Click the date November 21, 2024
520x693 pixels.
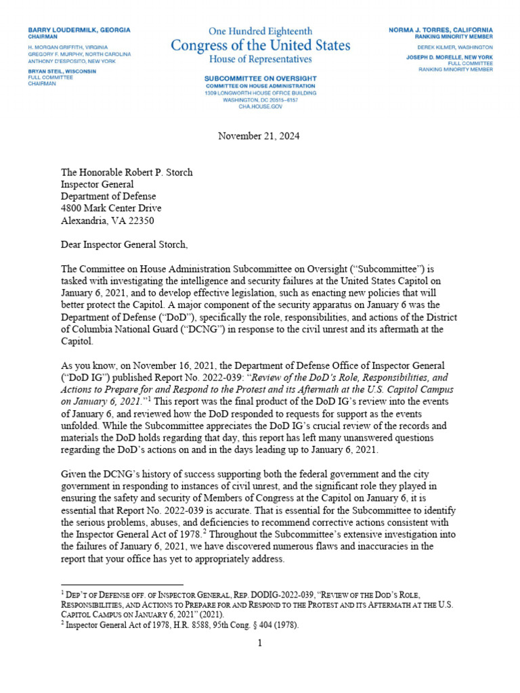[x=259, y=136]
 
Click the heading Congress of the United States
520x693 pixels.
[x=260, y=46]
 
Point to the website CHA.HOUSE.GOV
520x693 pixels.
[x=260, y=105]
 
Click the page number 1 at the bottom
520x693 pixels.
[x=259, y=642]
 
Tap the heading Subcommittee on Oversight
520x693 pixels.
[x=260, y=79]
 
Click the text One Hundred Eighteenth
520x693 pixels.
[x=260, y=31]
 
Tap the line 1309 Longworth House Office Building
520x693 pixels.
[x=260, y=92]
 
